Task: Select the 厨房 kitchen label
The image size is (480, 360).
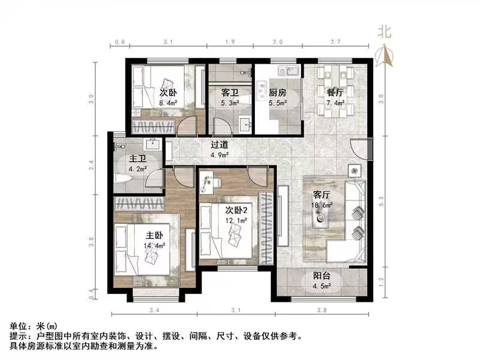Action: pyautogui.click(x=277, y=93)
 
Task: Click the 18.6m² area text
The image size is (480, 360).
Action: pyautogui.click(x=323, y=205)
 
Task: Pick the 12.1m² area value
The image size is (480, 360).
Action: pyautogui.click(x=237, y=221)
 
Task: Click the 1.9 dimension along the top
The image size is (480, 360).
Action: pyautogui.click(x=230, y=43)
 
